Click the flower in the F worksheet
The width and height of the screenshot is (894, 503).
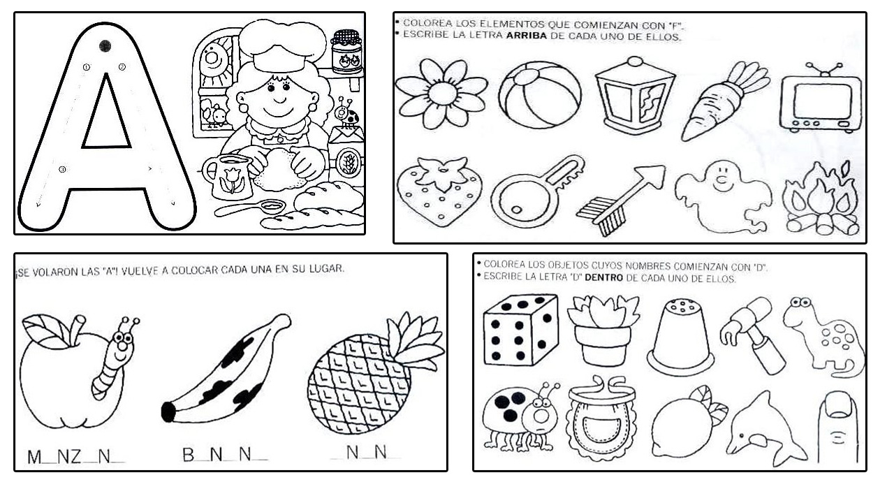tap(441, 94)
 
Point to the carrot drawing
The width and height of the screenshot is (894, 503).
tap(719, 101)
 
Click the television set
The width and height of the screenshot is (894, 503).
tap(821, 101)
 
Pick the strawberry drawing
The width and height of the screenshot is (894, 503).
tap(439, 191)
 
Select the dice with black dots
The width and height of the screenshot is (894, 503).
tap(520, 330)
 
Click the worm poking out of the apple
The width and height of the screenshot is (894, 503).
tap(112, 363)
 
